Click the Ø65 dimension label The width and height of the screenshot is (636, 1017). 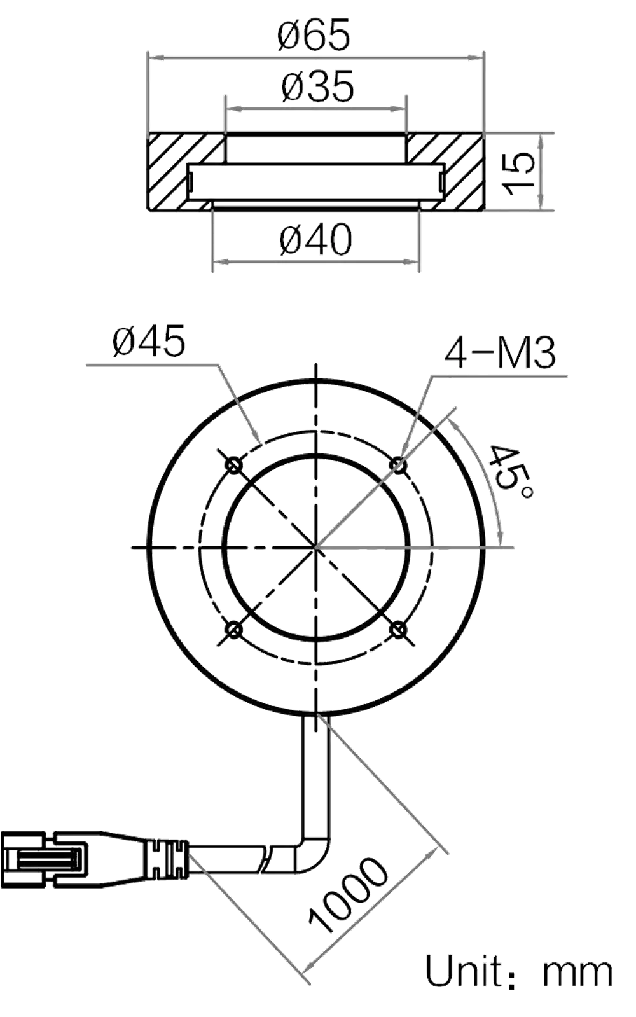pyautogui.click(x=314, y=36)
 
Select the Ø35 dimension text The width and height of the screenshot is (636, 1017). pyautogui.click(x=316, y=87)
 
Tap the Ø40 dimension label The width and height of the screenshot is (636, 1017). pyautogui.click(x=316, y=241)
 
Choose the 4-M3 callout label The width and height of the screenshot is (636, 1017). pyautogui.click(x=500, y=354)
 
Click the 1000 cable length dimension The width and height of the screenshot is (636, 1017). pyautogui.click(x=347, y=897)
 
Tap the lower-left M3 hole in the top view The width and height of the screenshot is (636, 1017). pyautogui.click(x=235, y=630)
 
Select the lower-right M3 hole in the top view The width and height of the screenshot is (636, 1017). pyautogui.click(x=398, y=630)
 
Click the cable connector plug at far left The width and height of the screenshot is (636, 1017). pyautogui.click(x=45, y=860)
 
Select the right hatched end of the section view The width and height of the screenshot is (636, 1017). pyautogui.click(x=461, y=170)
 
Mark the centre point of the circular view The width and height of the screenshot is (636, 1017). pyautogui.click(x=316, y=548)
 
